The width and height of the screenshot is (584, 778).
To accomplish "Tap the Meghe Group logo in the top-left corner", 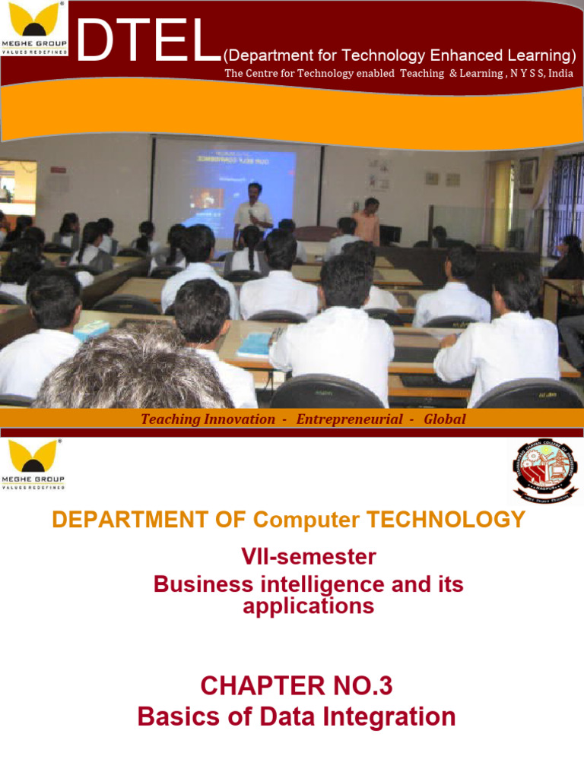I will [x=34, y=28].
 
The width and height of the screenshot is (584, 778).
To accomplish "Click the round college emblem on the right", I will [x=543, y=472].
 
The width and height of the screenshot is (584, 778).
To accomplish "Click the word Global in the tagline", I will [x=444, y=419].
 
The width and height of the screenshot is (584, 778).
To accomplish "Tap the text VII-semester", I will [x=308, y=557].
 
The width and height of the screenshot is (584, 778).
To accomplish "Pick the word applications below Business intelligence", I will [x=308, y=606].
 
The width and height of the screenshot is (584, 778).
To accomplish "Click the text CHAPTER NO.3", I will [x=297, y=686].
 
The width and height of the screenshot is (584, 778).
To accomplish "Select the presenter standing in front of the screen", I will [x=252, y=210].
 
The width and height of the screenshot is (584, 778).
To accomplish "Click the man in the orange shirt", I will [x=368, y=221].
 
